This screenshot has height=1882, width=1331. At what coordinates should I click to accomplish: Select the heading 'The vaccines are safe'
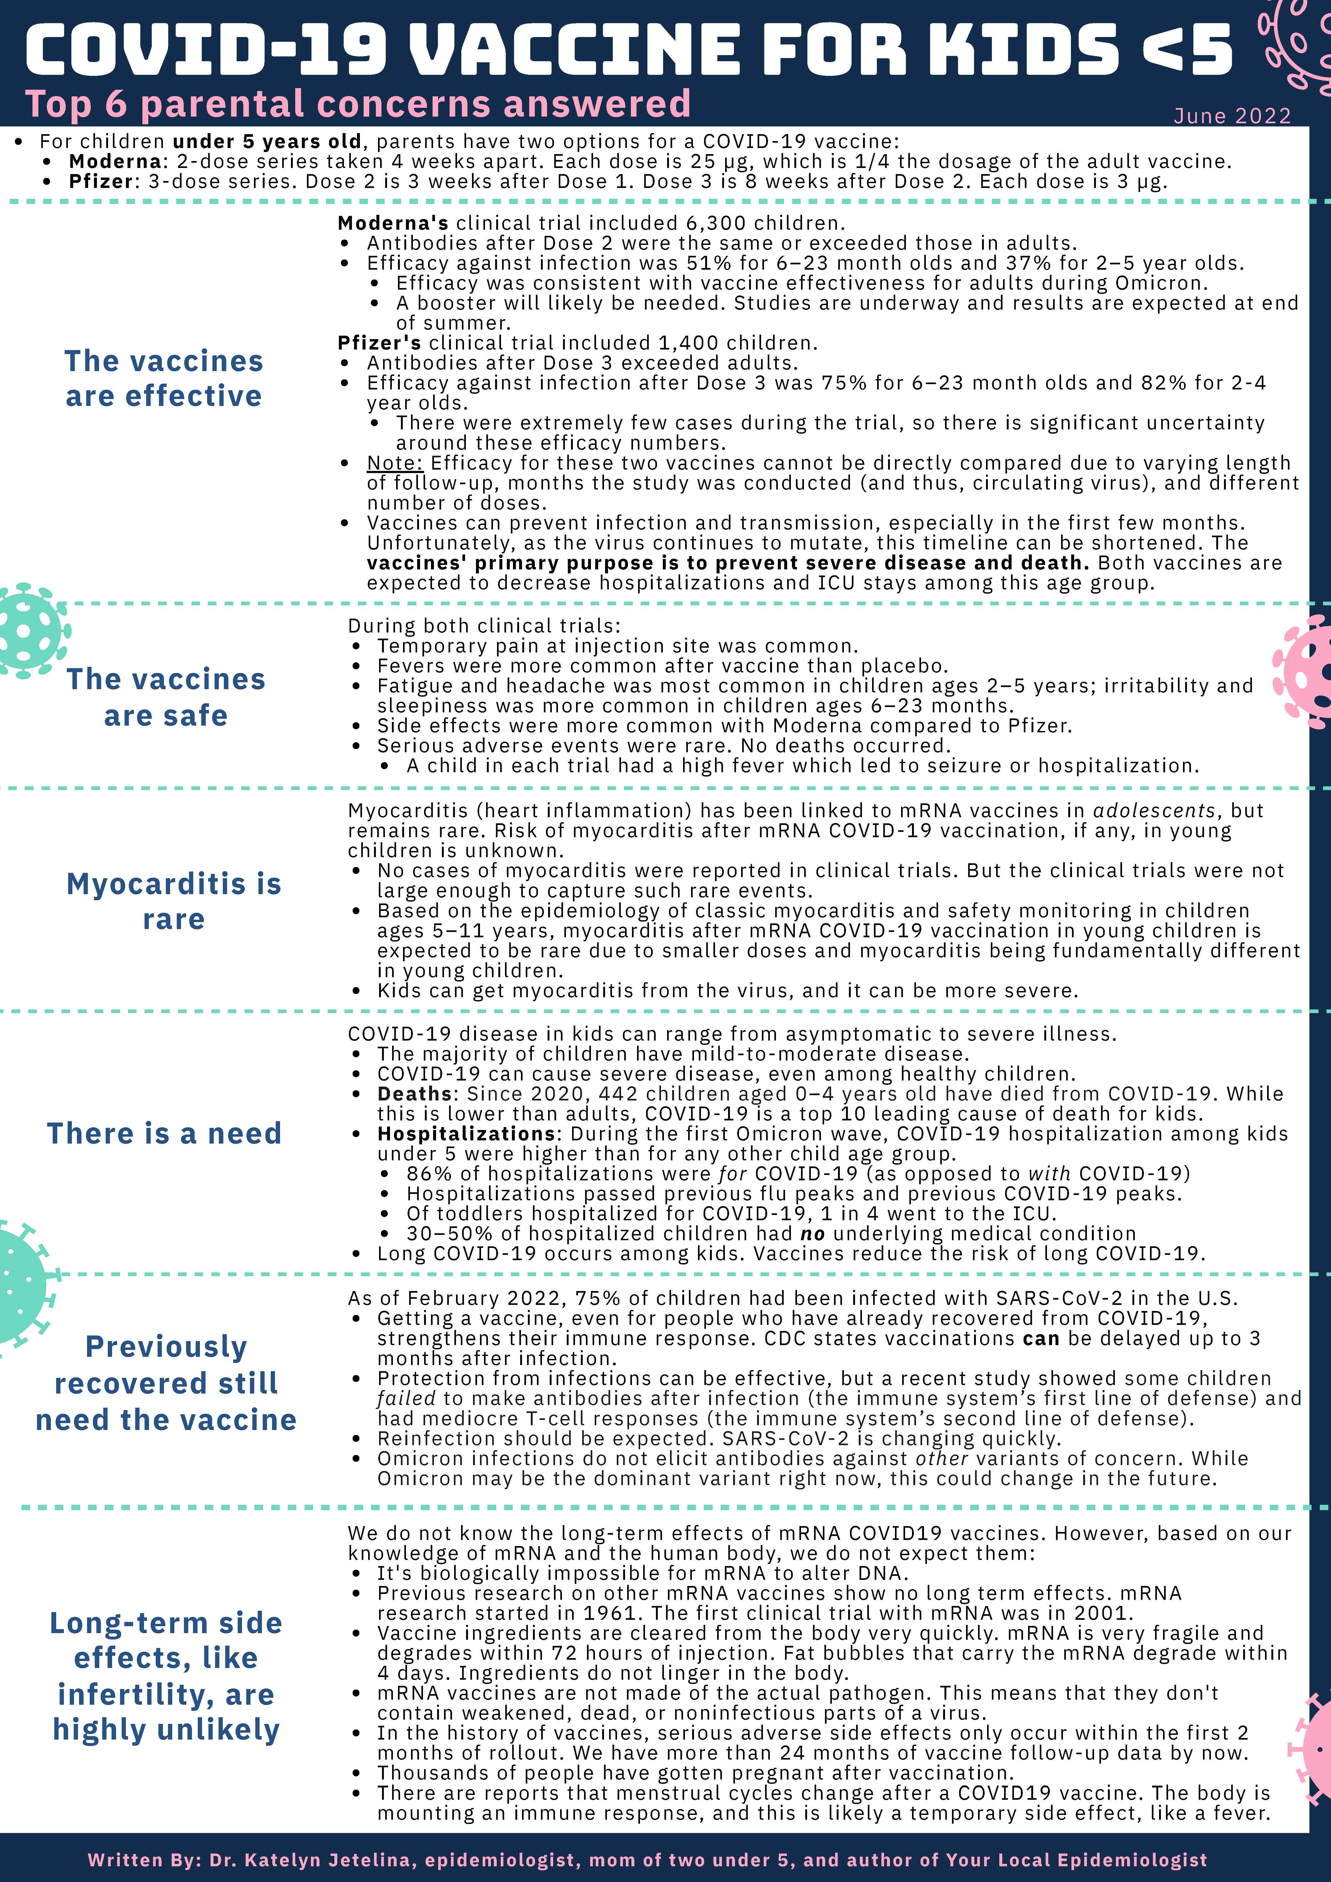(166, 697)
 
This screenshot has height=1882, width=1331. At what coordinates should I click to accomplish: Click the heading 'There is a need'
(164, 1134)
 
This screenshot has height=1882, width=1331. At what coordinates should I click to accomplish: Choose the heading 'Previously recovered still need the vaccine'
(166, 1383)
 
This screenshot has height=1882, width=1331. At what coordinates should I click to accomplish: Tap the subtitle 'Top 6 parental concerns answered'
(358, 104)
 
